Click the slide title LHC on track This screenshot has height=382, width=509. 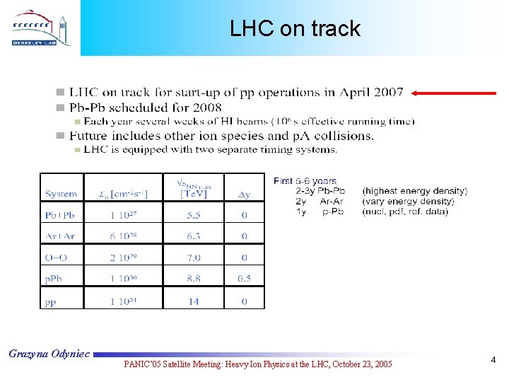(x=295, y=28)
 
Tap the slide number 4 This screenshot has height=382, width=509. (x=493, y=361)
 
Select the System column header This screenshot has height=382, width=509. (x=61, y=193)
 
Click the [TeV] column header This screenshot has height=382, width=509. (x=193, y=193)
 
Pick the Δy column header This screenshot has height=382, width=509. (x=243, y=193)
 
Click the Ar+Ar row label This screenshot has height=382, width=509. (x=59, y=236)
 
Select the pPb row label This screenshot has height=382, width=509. (x=53, y=279)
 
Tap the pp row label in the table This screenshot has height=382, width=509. (x=51, y=301)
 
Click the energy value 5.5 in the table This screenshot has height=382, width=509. (x=193, y=214)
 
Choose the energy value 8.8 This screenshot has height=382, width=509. (x=193, y=279)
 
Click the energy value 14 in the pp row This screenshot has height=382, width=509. (x=193, y=301)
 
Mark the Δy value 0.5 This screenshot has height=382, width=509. (x=244, y=279)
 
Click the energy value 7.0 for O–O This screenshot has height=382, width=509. (x=193, y=257)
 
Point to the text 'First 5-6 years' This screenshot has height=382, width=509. (x=305, y=181)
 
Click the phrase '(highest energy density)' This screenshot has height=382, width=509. (x=414, y=191)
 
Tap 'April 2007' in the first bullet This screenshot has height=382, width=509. (x=371, y=93)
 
